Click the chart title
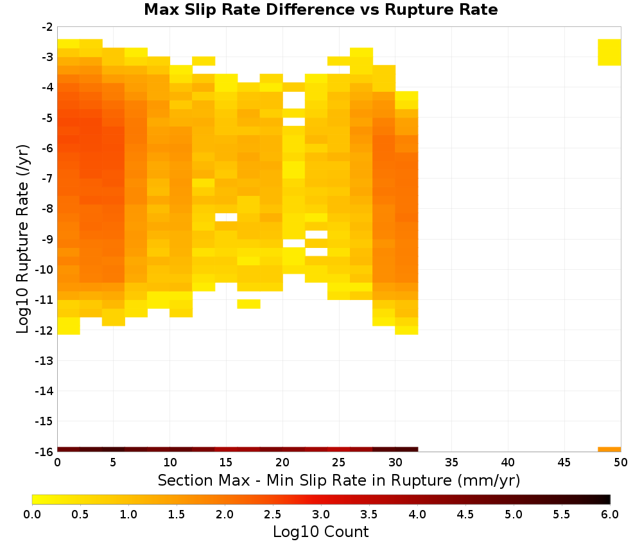click(320, 10)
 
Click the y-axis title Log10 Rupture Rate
click(22, 239)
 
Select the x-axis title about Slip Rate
click(338, 480)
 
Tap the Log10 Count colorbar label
click(320, 532)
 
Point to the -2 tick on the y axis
click(48, 27)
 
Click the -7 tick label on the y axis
click(48, 179)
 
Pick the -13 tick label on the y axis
click(45, 360)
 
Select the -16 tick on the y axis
click(45, 452)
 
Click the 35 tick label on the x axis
click(451, 462)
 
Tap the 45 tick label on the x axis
click(564, 462)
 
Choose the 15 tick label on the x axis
click(226, 462)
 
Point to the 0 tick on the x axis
click(57, 462)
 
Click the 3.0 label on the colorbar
click(321, 515)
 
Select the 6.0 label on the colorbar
click(610, 515)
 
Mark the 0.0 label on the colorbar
click(32, 515)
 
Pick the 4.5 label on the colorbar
click(465, 515)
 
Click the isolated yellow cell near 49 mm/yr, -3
click(609, 52)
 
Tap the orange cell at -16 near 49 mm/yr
click(609, 450)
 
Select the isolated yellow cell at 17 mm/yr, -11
click(248, 304)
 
